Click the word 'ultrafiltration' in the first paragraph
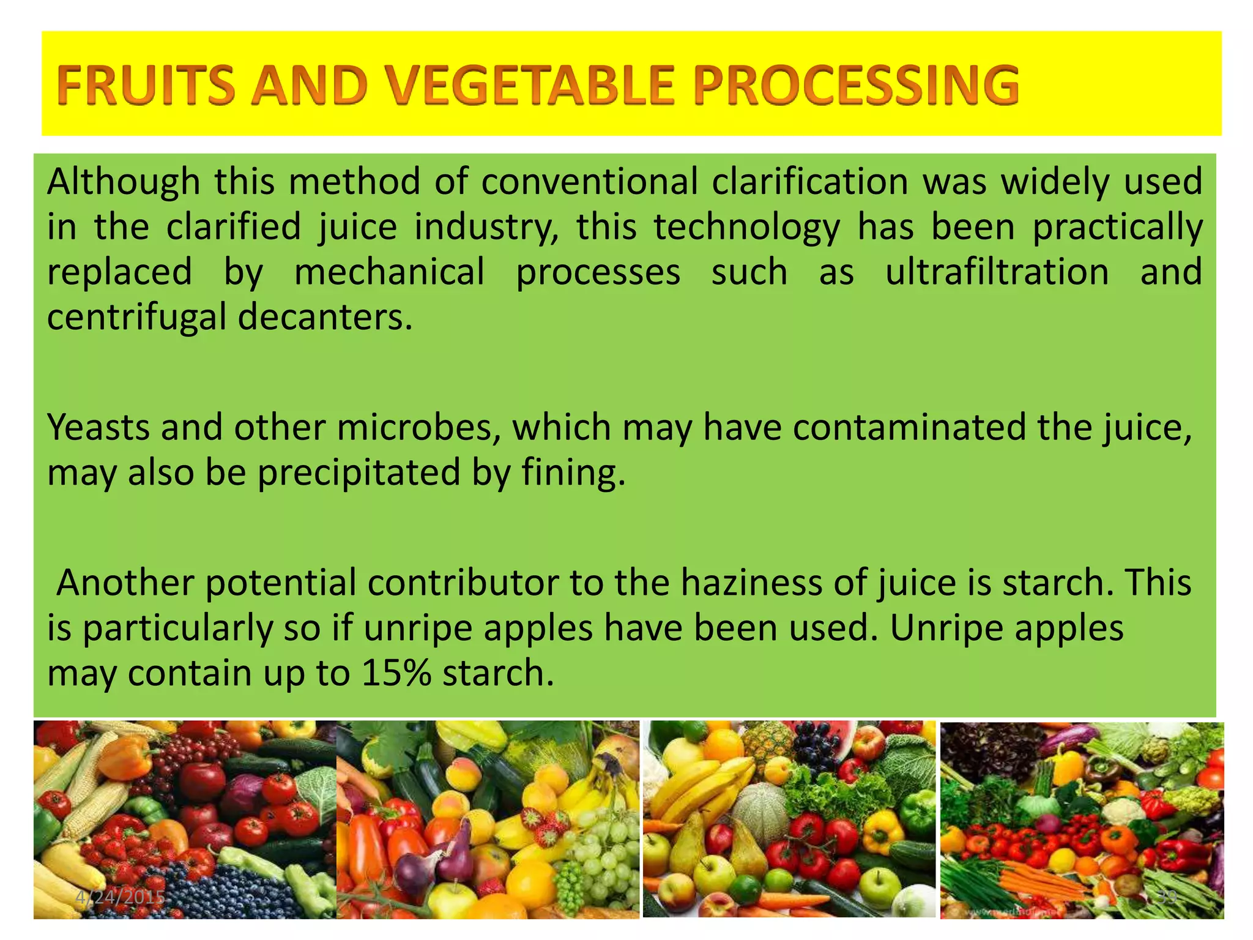(997, 272)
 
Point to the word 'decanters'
(324, 318)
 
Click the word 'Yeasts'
(99, 427)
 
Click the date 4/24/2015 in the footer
(121, 898)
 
